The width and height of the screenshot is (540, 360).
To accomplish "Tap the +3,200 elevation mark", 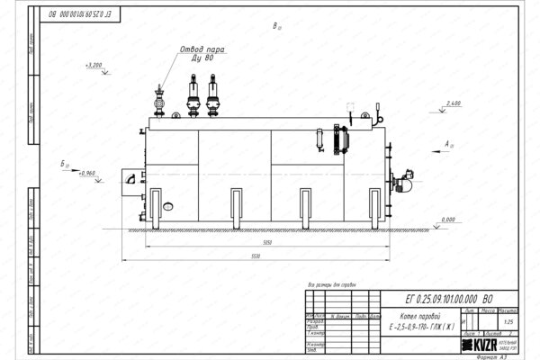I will [94, 66].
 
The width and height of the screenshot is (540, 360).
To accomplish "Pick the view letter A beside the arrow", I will [447, 143].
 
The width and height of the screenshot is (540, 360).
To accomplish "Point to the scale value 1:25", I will [511, 322].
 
